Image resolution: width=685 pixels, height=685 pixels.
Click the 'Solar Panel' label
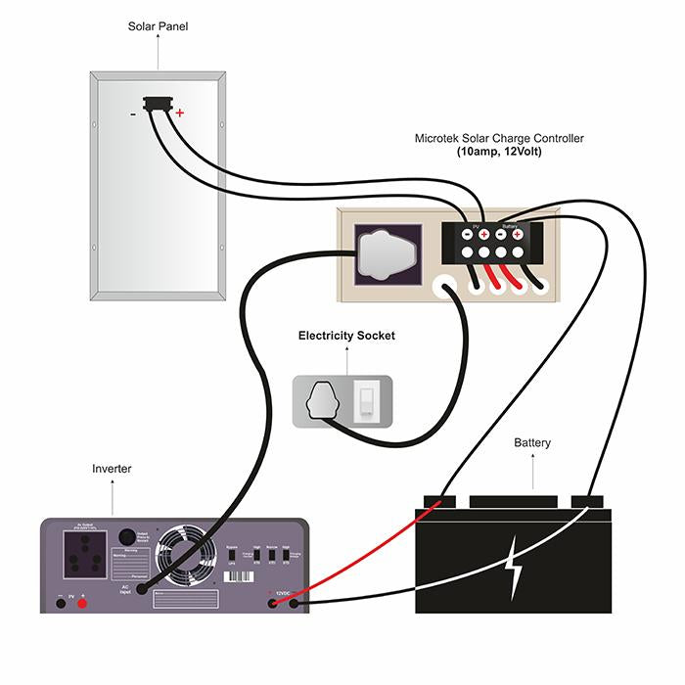(x=159, y=26)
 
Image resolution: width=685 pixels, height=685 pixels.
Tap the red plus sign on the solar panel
(x=179, y=114)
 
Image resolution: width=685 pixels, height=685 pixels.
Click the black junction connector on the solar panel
(x=156, y=103)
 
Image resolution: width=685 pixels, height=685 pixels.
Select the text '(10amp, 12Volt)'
(x=499, y=153)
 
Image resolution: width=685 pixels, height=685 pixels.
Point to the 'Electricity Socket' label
(x=346, y=336)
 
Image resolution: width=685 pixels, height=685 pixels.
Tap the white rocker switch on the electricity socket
(x=366, y=400)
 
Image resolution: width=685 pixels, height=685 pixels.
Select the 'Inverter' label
(x=112, y=469)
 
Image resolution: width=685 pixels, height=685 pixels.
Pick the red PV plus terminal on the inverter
(x=82, y=603)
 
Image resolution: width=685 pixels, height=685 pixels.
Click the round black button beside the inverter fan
(x=126, y=537)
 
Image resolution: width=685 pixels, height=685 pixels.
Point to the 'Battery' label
(x=532, y=443)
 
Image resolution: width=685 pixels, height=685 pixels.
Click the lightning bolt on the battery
(x=512, y=571)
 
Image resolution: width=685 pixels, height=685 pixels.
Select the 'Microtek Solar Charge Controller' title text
(x=499, y=139)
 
